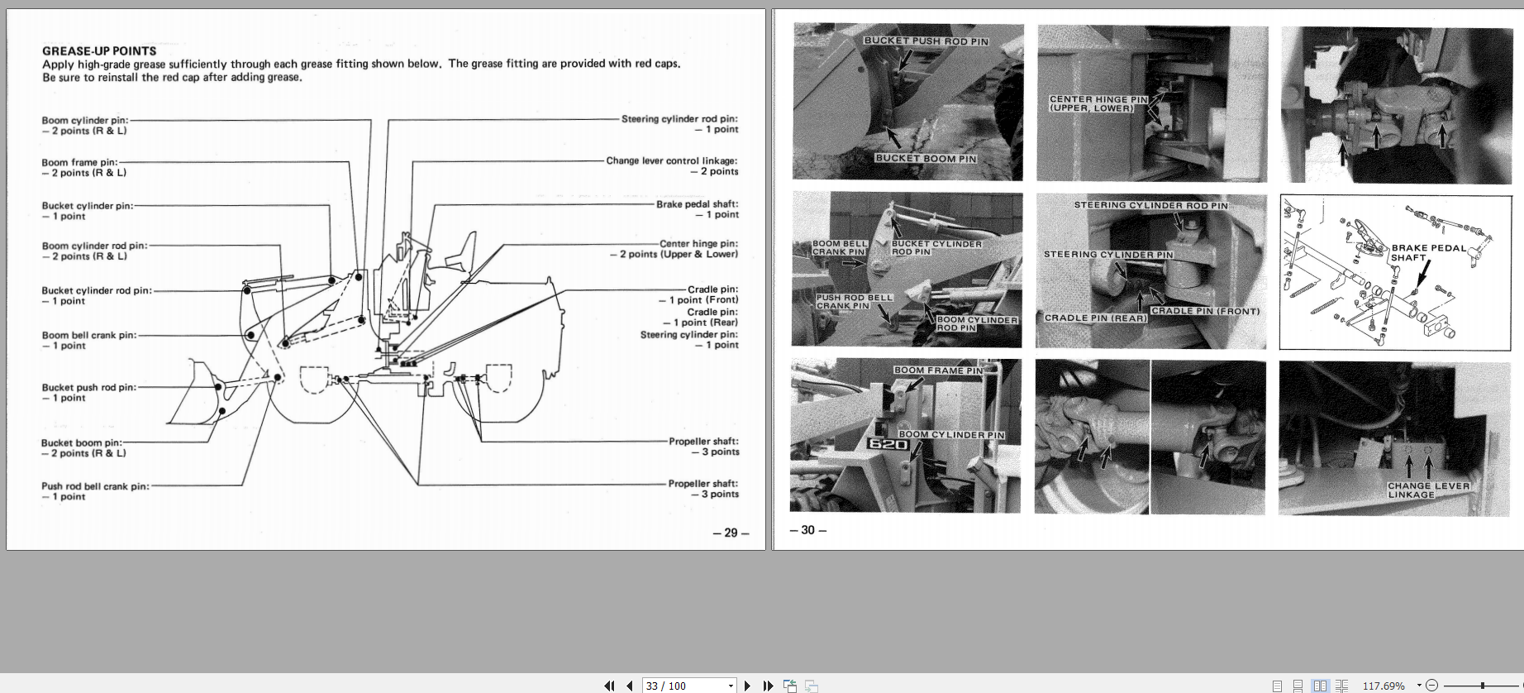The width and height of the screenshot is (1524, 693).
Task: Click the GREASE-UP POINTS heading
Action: [99, 50]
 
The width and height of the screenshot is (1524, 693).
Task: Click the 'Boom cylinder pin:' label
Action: [85, 120]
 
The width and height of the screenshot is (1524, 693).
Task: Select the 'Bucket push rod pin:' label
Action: [89, 387]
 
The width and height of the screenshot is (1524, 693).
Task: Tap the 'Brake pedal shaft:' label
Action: [697, 204]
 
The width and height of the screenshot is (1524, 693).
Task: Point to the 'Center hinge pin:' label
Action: [698, 243]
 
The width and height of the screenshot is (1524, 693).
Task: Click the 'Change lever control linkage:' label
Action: [671, 160]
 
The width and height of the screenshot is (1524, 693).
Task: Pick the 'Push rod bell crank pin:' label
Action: [96, 486]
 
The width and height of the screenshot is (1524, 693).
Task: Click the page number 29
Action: [731, 533]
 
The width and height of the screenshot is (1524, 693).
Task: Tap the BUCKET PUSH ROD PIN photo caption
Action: [926, 41]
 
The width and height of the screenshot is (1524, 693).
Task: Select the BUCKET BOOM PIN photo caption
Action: [926, 158]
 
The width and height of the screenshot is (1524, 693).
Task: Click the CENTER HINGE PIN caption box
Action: [1098, 103]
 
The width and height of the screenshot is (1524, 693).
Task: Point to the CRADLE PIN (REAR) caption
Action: [1095, 318]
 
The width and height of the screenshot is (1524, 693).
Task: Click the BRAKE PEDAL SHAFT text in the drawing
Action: [1428, 252]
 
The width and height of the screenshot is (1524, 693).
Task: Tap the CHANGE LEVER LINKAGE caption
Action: [1428, 490]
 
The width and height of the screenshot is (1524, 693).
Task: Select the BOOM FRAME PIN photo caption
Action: [938, 370]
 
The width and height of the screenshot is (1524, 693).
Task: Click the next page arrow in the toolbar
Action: [748, 686]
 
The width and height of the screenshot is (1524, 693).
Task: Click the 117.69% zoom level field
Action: [1384, 686]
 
